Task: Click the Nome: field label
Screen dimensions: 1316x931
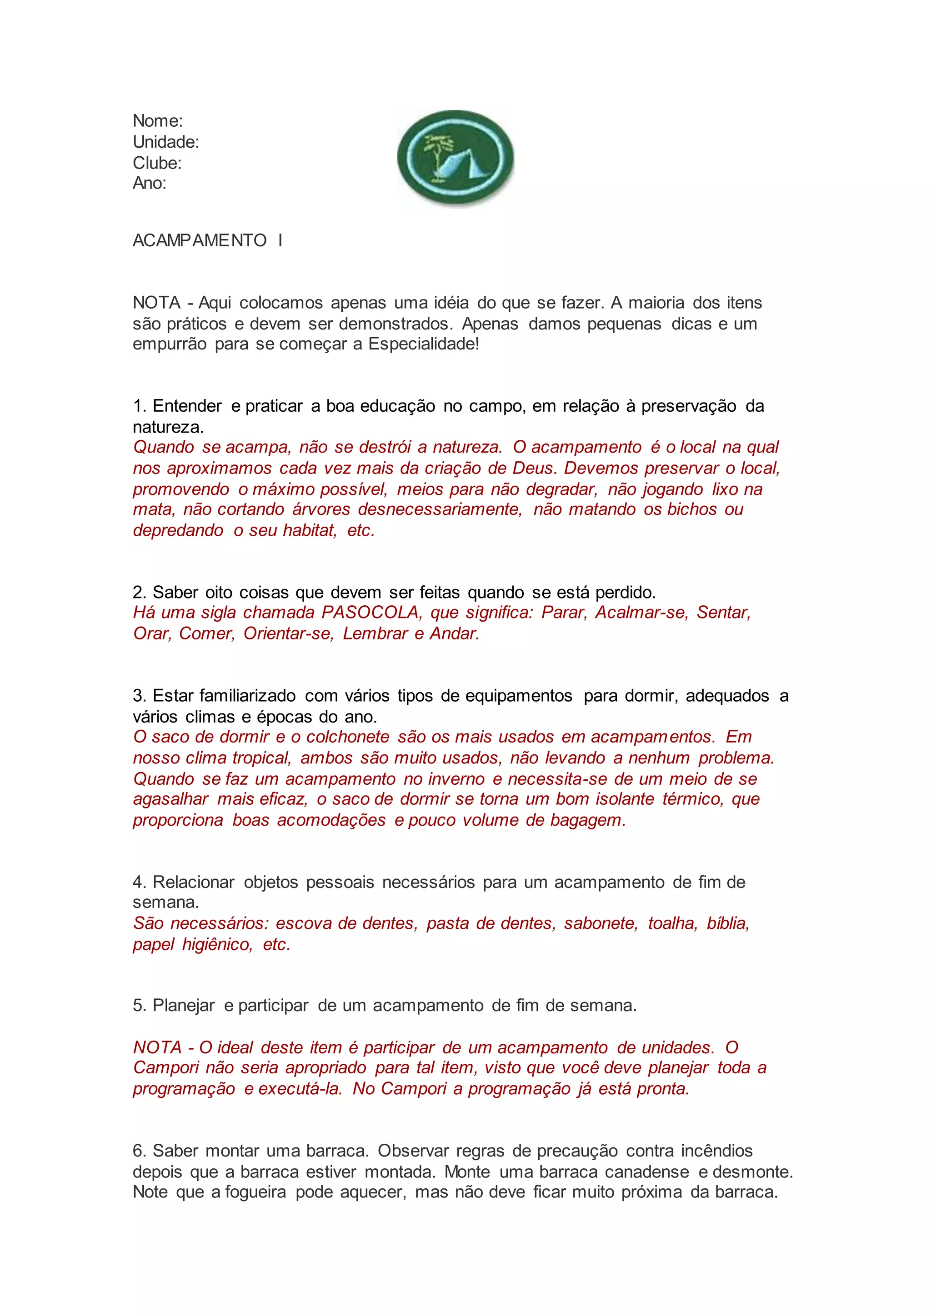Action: pos(158,121)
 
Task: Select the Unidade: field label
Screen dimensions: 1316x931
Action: pos(165,142)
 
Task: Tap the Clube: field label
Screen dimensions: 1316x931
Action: pos(157,163)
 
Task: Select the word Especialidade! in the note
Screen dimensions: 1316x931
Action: pos(423,344)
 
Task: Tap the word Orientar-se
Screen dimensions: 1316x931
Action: pos(288,633)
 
